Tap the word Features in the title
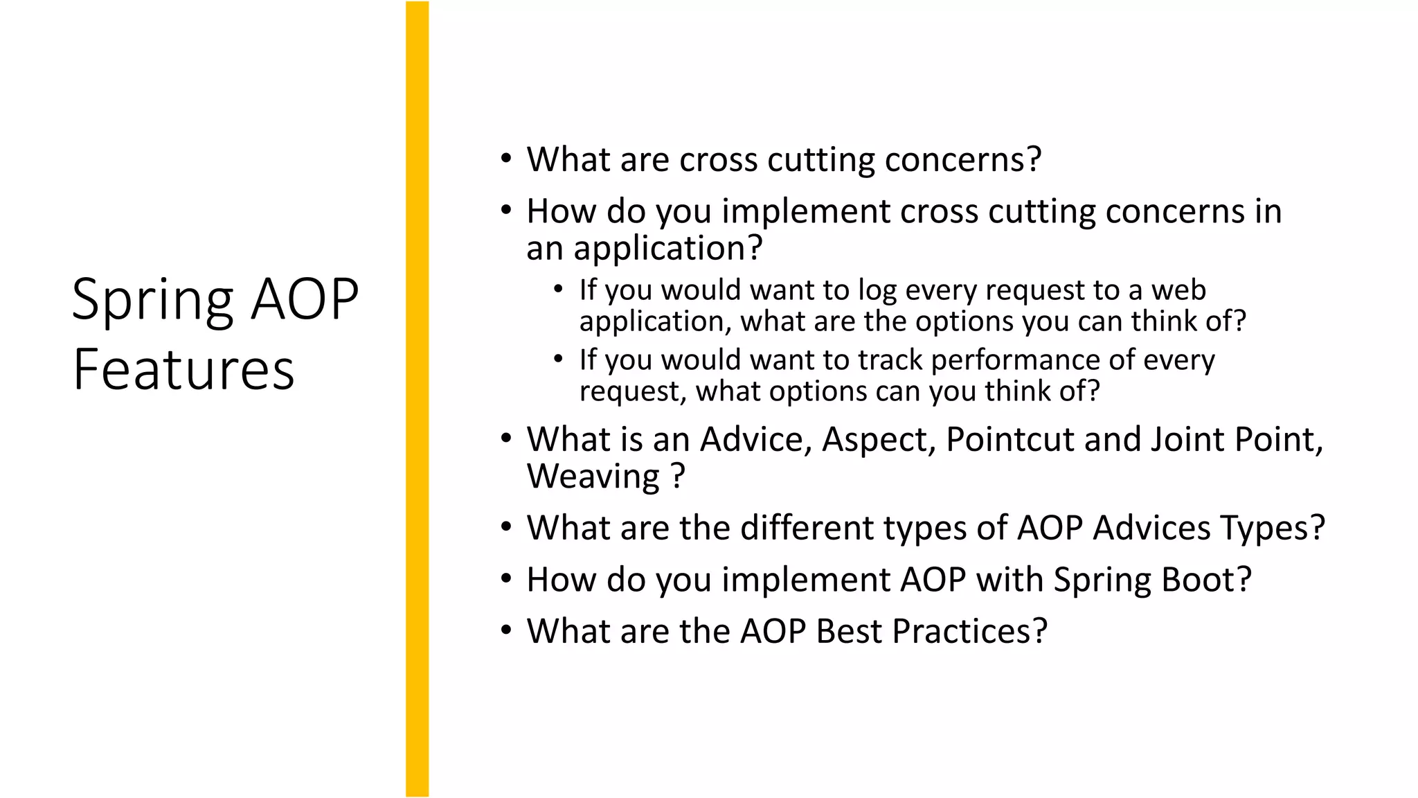point(183,370)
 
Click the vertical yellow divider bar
point(417,399)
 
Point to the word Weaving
point(593,477)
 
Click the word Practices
point(969,631)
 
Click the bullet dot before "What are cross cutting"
point(507,159)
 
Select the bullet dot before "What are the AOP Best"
point(507,630)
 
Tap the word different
point(789,528)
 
